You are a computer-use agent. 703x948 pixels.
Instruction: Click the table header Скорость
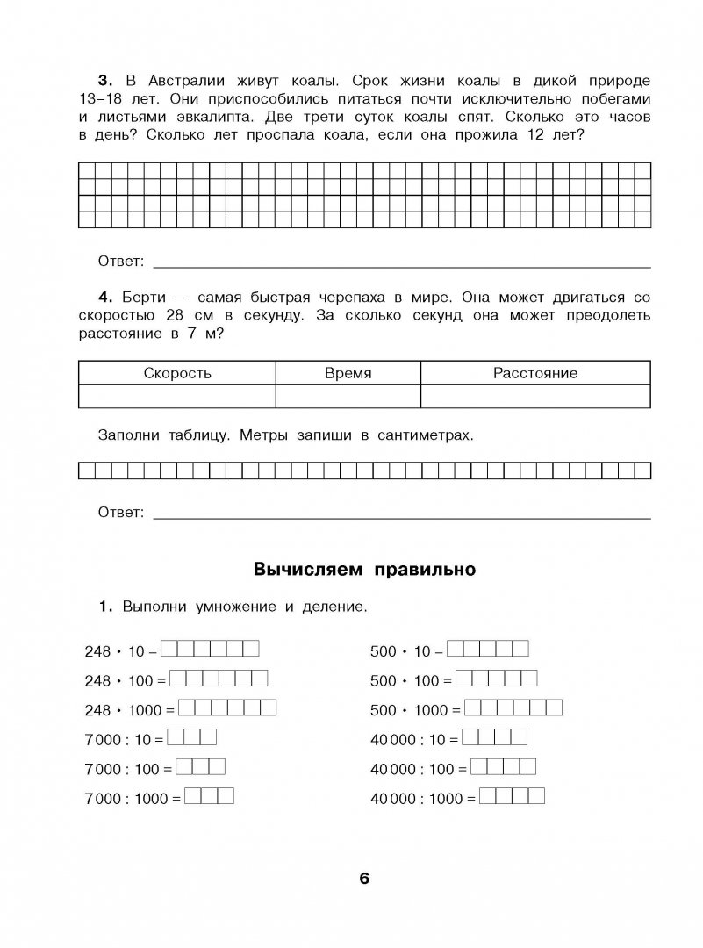pos(177,373)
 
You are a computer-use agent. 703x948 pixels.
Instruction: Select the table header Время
pos(348,373)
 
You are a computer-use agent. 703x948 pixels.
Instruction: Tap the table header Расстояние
pos(534,373)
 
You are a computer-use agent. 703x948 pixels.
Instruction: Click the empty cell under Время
pos(348,397)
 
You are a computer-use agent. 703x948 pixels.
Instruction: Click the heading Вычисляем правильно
pos(364,570)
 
